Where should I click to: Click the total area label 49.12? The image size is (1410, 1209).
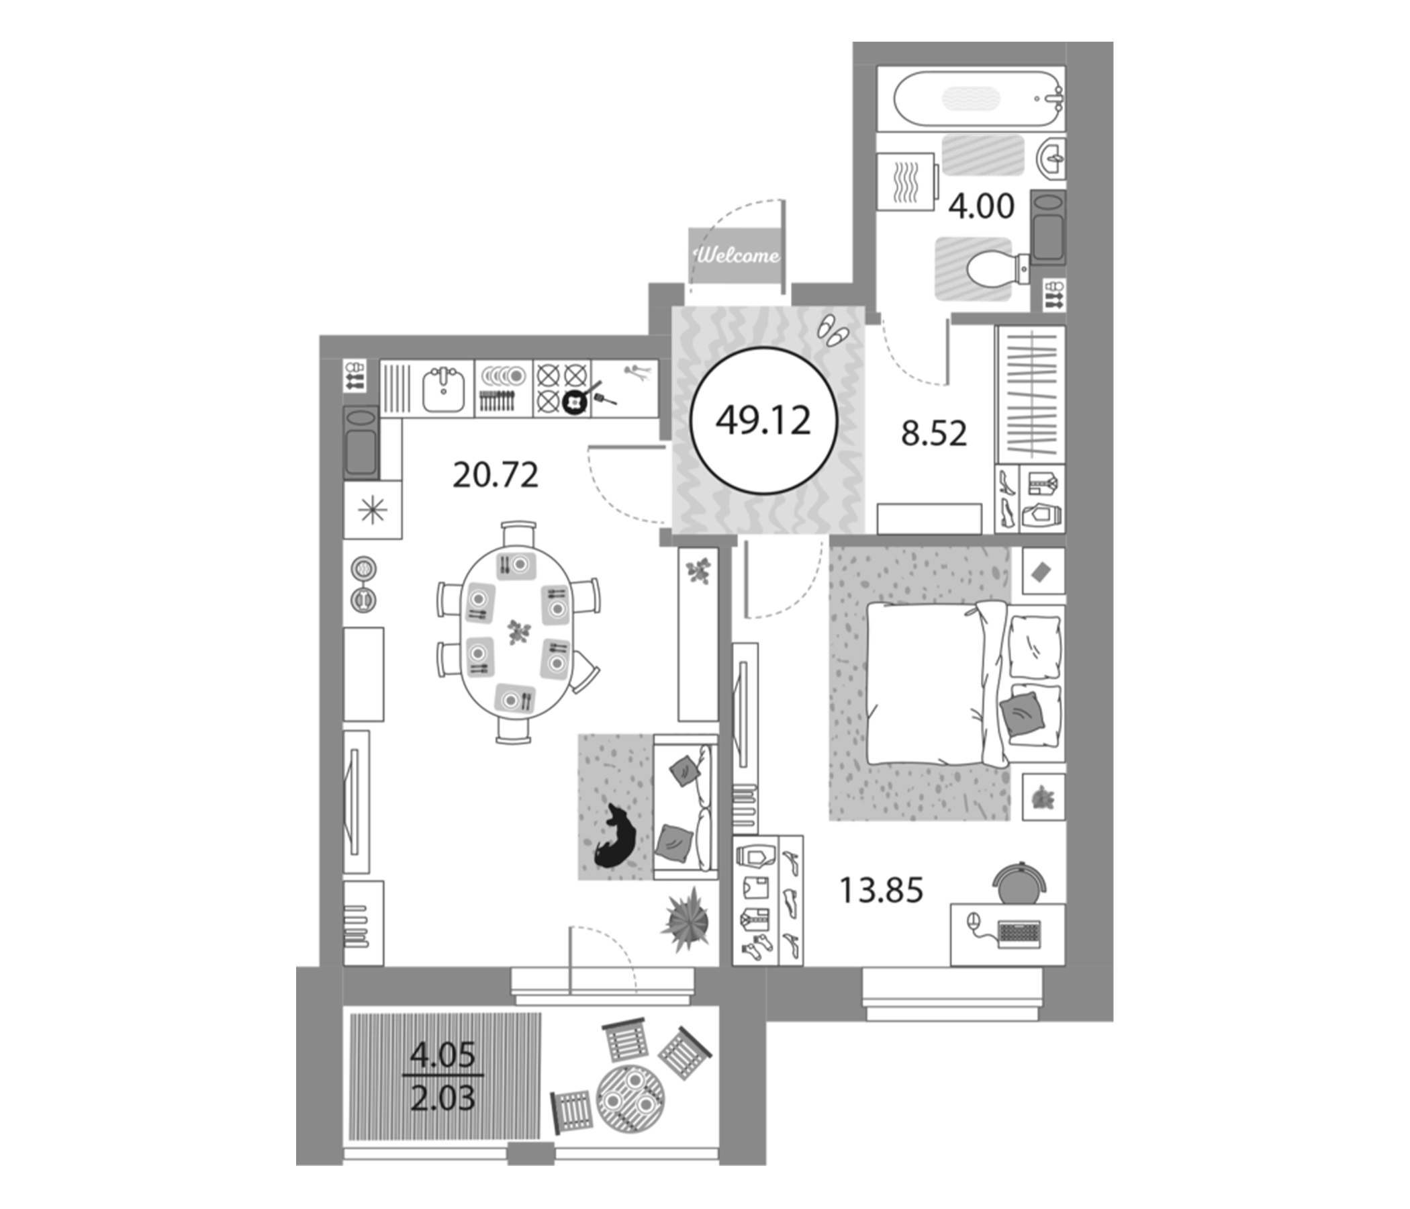763,421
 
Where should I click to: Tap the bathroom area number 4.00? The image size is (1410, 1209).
981,206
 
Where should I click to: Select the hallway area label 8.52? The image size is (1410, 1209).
934,434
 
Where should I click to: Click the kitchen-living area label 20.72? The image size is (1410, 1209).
496,475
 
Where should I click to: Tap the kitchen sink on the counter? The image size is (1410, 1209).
444,390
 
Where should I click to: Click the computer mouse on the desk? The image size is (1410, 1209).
973,922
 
